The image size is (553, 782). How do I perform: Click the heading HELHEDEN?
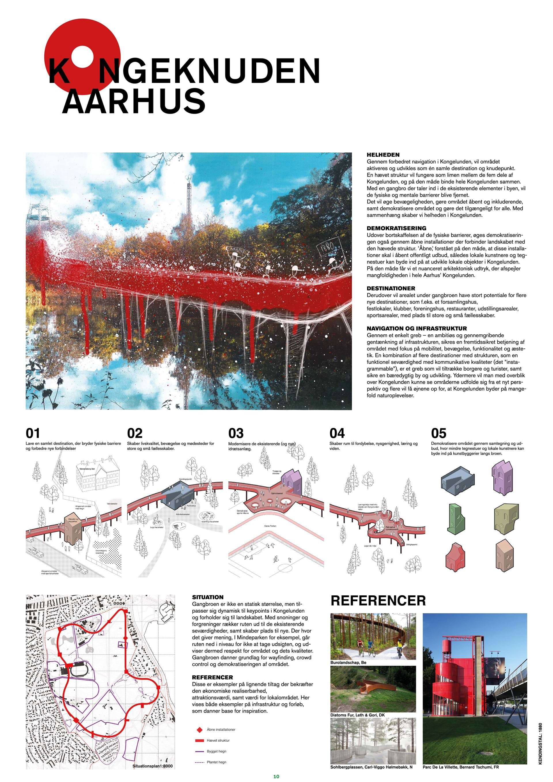(x=383, y=155)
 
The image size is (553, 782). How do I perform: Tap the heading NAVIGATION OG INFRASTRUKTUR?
(x=416, y=329)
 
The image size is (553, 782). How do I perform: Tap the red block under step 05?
(x=456, y=560)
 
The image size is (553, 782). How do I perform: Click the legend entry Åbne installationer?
(x=221, y=730)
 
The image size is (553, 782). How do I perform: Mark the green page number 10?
(x=276, y=776)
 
